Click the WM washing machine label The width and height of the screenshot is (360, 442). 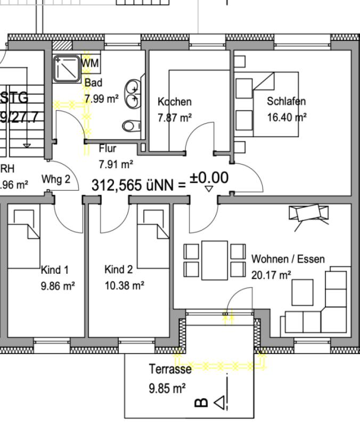[91, 64]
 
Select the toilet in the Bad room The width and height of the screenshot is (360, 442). [129, 126]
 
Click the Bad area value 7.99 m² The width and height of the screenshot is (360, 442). [101, 99]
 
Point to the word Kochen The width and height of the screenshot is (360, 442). [175, 102]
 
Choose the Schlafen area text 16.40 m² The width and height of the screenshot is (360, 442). [287, 117]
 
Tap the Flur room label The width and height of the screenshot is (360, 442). [107, 149]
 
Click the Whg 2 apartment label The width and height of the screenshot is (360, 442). [56, 179]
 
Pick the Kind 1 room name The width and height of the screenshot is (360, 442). [55, 270]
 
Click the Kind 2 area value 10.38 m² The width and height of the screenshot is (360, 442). [125, 285]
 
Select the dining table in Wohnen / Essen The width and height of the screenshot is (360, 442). [215, 260]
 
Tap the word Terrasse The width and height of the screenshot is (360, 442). [170, 369]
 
